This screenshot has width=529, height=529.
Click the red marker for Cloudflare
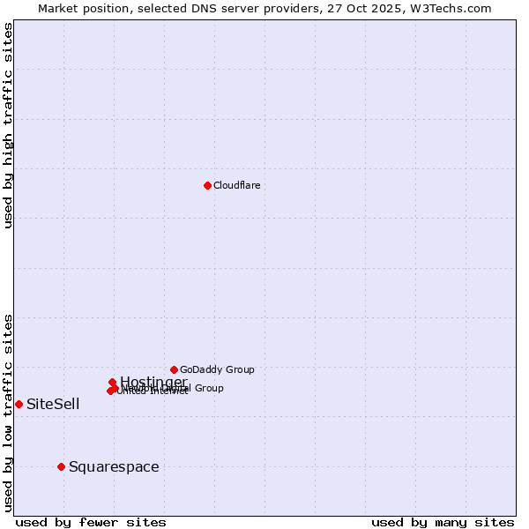point(207,185)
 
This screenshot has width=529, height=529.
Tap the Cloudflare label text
point(236,185)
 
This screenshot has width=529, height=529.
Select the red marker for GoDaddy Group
point(174,369)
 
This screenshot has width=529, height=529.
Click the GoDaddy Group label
point(217,369)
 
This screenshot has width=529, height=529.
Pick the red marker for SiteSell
point(19,404)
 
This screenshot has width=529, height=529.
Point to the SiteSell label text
point(53,405)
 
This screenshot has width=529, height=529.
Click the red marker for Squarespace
point(61,466)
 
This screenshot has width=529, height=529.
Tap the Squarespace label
point(114,466)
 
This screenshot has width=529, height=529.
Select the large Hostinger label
point(153,382)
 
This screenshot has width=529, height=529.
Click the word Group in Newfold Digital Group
point(209,388)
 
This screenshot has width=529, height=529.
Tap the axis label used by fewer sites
point(91,522)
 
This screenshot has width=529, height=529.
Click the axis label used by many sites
point(443,522)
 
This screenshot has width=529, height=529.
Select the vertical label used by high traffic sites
point(8,125)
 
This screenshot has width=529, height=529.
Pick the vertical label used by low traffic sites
point(8,412)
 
